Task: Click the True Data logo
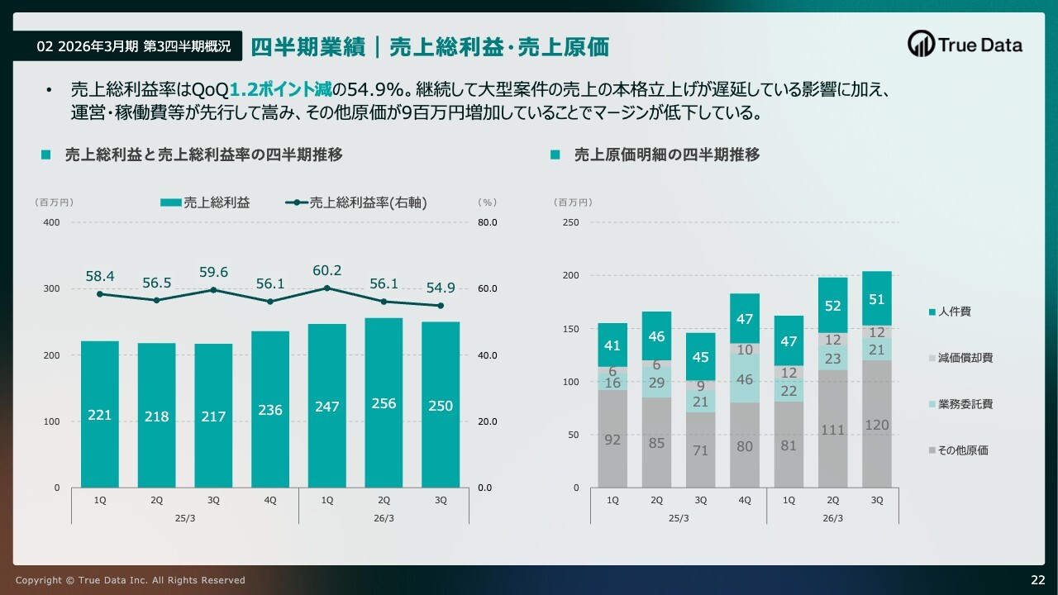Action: [x=965, y=45]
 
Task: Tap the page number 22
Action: [x=1037, y=578]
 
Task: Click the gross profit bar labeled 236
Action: [x=270, y=409]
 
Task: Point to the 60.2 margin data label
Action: [x=327, y=270]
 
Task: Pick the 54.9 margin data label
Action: [x=441, y=288]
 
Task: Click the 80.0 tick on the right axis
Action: [x=488, y=222]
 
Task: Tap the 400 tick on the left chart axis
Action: [x=51, y=222]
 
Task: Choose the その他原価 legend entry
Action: [x=957, y=450]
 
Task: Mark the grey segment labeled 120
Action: [x=877, y=424]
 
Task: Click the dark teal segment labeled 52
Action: [x=833, y=305]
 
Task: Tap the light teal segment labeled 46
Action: [x=745, y=379]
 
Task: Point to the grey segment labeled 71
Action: [x=701, y=450]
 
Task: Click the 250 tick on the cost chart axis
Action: [x=570, y=222]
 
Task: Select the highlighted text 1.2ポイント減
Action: [x=283, y=89]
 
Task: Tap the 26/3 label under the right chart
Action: [x=832, y=517]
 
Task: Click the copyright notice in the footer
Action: [x=130, y=580]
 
